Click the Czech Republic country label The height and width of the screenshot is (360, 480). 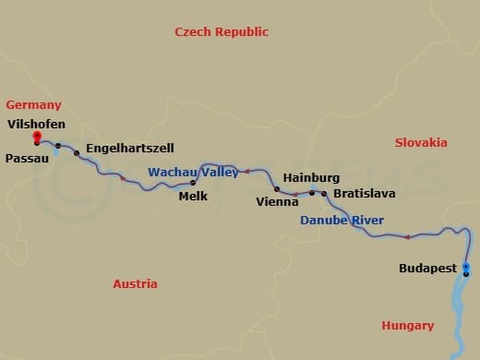[x=222, y=31]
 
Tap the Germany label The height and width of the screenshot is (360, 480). [x=33, y=104]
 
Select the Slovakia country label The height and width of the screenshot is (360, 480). [x=421, y=142]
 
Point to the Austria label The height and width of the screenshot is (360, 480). [x=135, y=283]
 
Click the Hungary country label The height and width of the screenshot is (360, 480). [x=407, y=325]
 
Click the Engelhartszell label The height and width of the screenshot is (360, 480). [x=129, y=148]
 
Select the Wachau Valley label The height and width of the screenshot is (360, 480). [x=193, y=172]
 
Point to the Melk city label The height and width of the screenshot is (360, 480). [x=193, y=196]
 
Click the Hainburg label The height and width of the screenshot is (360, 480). [x=311, y=177]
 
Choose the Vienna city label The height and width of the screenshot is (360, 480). [x=277, y=200]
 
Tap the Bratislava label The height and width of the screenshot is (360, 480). [x=364, y=194]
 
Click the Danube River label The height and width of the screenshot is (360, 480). [x=342, y=220]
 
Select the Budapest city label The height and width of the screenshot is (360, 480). [x=427, y=268]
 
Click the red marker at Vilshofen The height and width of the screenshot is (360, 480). [x=36, y=137]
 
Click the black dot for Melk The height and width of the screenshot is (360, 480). [x=193, y=183]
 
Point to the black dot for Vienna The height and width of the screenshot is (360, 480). [x=277, y=189]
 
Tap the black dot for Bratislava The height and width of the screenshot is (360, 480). [x=324, y=194]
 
